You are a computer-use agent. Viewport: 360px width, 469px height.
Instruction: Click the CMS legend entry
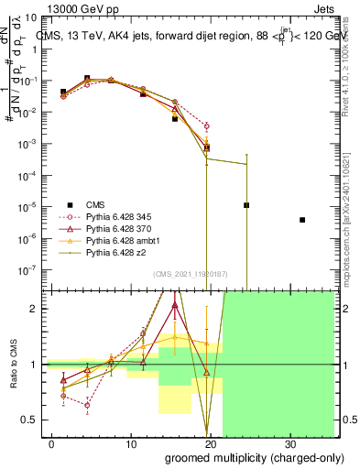tap(97, 204)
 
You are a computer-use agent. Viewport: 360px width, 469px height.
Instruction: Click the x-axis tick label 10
tap(131, 442)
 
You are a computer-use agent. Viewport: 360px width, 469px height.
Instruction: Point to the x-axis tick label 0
tap(51, 442)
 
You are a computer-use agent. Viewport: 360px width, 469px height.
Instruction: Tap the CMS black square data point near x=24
tap(246, 205)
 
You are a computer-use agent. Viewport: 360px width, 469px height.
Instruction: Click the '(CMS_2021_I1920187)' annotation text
tap(189, 274)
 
